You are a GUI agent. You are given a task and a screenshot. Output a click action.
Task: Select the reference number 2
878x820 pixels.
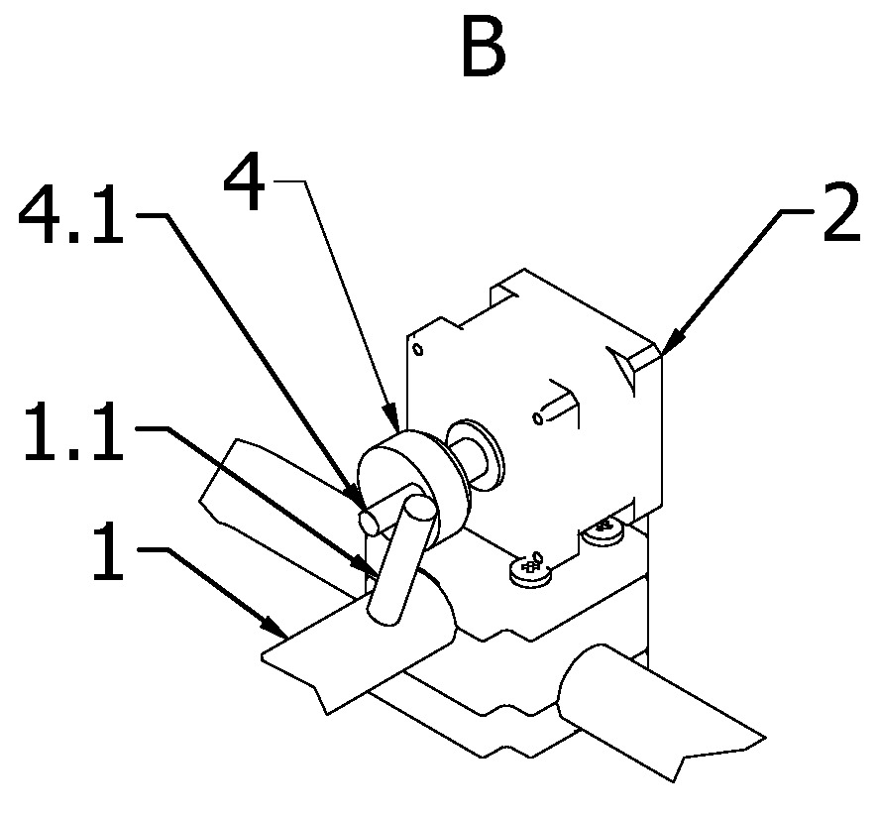(x=841, y=212)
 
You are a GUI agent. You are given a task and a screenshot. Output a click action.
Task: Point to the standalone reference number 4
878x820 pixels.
(x=244, y=180)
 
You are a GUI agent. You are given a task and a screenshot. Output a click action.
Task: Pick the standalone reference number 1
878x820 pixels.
(x=108, y=550)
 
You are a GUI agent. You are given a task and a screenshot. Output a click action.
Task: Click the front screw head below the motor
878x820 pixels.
(x=530, y=571)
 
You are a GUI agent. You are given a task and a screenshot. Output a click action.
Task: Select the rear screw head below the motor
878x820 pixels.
(x=604, y=531)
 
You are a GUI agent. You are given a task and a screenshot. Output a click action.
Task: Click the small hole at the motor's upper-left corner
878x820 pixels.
(x=418, y=350)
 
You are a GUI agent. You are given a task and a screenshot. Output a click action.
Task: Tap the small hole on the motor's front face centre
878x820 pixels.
(x=538, y=417)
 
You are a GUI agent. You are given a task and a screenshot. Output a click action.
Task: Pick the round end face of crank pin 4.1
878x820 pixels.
(x=370, y=522)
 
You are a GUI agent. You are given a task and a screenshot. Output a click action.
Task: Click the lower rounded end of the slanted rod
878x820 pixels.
(x=384, y=615)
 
